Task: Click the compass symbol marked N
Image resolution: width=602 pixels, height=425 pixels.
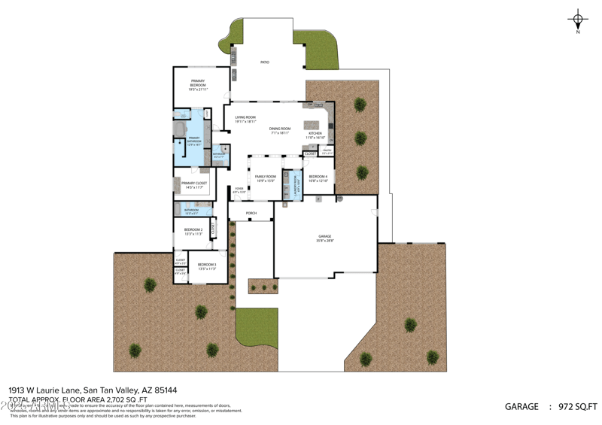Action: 578,21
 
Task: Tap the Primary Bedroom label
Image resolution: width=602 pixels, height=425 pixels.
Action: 198,83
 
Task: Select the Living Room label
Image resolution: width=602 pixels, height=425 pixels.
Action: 245,118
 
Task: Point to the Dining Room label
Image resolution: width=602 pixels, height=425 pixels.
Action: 280,129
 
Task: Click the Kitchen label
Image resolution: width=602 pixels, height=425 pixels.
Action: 315,135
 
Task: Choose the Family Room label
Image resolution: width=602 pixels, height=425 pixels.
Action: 265,178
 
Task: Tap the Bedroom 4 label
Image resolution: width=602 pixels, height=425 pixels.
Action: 318,178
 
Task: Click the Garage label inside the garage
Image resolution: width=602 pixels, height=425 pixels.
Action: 324,238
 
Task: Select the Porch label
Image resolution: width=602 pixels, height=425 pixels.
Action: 251,214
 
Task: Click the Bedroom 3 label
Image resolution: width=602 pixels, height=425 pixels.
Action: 207,266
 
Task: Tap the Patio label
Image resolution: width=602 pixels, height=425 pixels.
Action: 265,62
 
